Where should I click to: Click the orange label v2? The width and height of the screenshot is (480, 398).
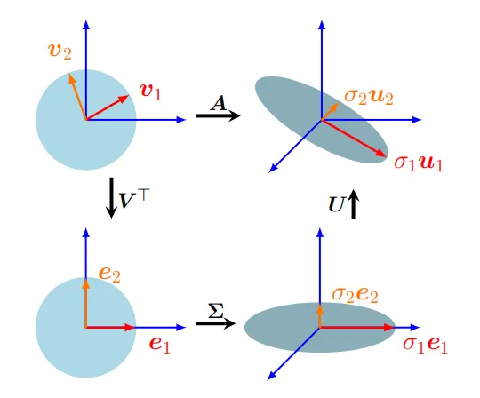60,52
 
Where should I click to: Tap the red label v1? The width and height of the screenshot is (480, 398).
150,92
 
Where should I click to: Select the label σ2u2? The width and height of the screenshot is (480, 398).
369,97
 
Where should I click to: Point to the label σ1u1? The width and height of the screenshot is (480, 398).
419,163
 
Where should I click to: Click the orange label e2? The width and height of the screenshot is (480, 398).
109,274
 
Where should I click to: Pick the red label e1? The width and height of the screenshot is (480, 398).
159,346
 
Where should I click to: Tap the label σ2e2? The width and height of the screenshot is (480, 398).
355,295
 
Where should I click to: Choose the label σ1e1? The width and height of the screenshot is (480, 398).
426,345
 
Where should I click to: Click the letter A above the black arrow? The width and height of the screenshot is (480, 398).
219,103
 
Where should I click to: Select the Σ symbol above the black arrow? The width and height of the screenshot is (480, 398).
216,311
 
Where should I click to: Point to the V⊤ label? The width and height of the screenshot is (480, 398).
133,199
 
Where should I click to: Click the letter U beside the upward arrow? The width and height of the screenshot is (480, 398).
337,204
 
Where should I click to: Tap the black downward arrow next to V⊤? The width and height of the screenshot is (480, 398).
111,198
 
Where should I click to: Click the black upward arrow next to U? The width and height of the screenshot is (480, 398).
353,204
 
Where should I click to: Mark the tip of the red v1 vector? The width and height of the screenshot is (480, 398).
129,96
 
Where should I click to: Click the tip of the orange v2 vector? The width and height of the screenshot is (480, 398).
69,75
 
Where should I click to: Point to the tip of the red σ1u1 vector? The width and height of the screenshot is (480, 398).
386,156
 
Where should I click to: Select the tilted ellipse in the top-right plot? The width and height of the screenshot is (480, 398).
322,120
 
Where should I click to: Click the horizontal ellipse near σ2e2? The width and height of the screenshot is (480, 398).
320,327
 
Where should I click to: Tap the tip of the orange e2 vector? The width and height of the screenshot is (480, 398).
86,280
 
